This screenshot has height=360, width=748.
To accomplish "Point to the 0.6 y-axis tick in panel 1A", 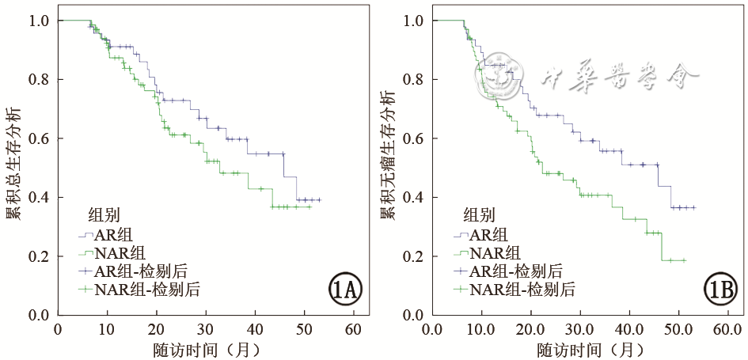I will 40,138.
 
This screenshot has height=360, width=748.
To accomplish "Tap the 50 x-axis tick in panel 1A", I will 304,328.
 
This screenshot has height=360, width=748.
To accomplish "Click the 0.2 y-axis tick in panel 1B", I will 413,256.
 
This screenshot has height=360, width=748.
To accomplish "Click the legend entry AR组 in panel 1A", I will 112,234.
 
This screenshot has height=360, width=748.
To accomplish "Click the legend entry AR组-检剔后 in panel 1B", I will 515,271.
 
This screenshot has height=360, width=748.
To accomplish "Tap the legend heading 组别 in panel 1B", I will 478,214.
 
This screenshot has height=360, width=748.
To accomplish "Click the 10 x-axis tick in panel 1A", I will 107,328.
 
